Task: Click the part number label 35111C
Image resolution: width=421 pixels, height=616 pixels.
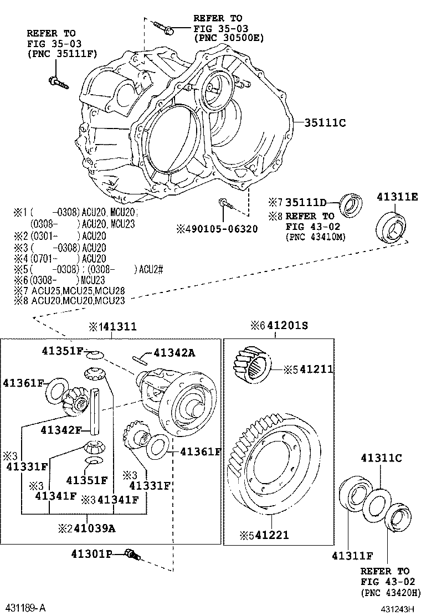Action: coord(325,123)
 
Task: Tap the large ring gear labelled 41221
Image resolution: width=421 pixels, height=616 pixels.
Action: coord(274,471)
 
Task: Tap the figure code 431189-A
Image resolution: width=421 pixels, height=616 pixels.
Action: coord(25,608)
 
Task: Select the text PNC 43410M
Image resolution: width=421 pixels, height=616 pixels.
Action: coord(315,237)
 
